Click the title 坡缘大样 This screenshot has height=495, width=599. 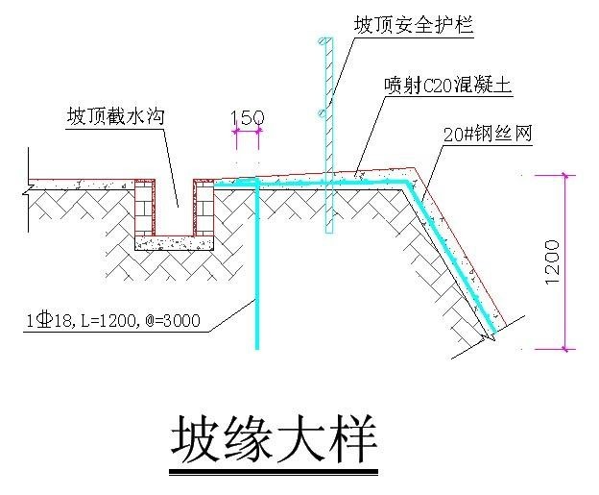coord(274,441)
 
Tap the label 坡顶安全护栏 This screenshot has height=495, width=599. coord(414,25)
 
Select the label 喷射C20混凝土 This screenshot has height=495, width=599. coord(447,85)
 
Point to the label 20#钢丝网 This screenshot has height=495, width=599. coord(488,135)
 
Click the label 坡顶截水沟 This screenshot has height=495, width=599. coord(116,116)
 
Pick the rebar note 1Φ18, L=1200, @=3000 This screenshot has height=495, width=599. coord(113,320)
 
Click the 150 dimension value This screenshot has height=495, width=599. coord(248,118)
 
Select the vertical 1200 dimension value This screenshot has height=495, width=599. coord(553,262)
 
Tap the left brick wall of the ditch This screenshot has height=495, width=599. coord(145,208)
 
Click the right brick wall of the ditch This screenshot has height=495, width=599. coord(204,208)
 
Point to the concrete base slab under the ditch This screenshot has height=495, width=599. coord(174,243)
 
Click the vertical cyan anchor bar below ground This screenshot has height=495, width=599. coord(257,264)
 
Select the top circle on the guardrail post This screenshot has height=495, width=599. coord(323,40)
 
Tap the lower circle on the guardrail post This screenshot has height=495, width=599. coord(323,113)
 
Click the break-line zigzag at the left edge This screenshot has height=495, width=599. coord(27,189)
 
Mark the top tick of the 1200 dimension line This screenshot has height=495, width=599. coord(565,176)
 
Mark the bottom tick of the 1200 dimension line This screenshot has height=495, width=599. coord(565,349)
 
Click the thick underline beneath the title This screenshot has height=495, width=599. coord(274,473)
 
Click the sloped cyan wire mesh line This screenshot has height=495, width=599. coord(452,257)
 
